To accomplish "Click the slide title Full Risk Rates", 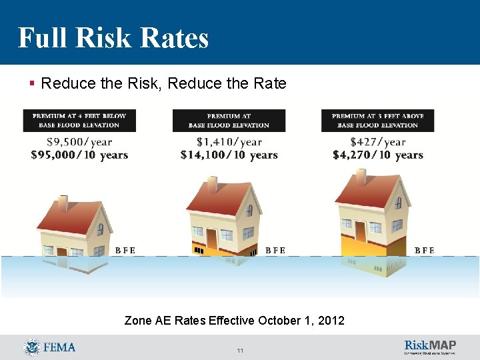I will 113,38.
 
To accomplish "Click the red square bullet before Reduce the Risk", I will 32,84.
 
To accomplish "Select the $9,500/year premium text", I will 79,141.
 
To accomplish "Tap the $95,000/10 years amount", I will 79,155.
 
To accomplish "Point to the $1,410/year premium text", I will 229,141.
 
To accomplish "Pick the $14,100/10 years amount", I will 229,155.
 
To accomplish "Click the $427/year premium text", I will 378,141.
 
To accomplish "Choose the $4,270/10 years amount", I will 378,155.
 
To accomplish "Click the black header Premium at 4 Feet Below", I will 79,120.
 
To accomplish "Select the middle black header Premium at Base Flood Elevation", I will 229,120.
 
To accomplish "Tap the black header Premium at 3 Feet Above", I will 378,120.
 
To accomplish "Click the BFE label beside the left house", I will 125,251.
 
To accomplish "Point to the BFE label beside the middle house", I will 275,251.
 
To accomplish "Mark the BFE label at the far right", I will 424,251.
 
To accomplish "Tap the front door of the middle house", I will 211,237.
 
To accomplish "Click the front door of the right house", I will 361,231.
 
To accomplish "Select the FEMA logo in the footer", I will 49,347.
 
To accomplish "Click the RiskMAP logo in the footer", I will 430,347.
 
